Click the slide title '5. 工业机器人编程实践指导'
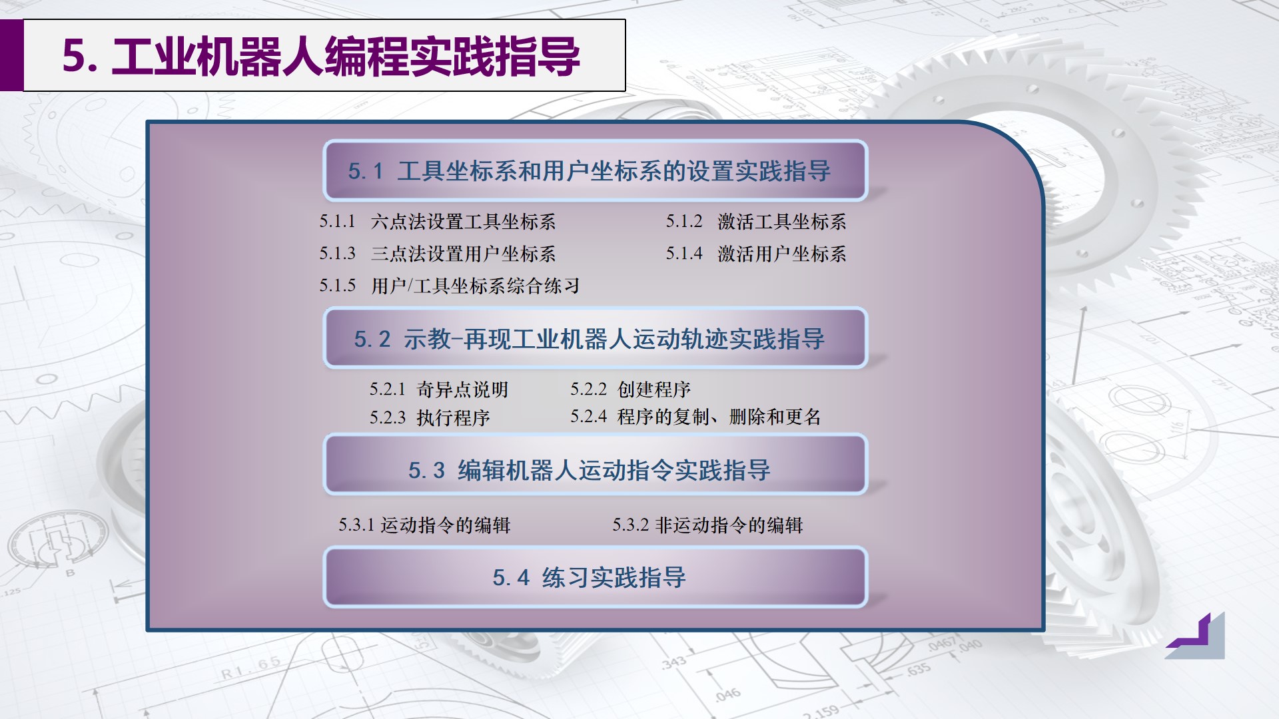(x=321, y=56)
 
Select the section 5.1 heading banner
(x=595, y=171)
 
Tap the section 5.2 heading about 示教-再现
(x=595, y=339)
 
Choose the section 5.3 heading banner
(x=595, y=470)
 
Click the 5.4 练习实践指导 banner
(x=595, y=577)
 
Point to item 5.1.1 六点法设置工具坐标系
(x=437, y=222)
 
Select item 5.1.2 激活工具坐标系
(x=756, y=222)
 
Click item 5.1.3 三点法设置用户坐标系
(x=437, y=254)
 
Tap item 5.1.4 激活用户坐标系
(x=756, y=254)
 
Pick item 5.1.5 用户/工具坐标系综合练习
(x=449, y=286)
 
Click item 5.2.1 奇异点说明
(x=439, y=389)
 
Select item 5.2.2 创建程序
(x=630, y=389)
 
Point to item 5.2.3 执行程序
(x=430, y=417)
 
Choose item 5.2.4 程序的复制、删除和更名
(x=695, y=417)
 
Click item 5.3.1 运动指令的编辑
(x=424, y=525)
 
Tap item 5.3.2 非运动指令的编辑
(x=707, y=525)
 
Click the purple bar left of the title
(x=11, y=55)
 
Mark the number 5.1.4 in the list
(x=684, y=254)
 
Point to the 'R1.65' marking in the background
(x=251, y=668)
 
